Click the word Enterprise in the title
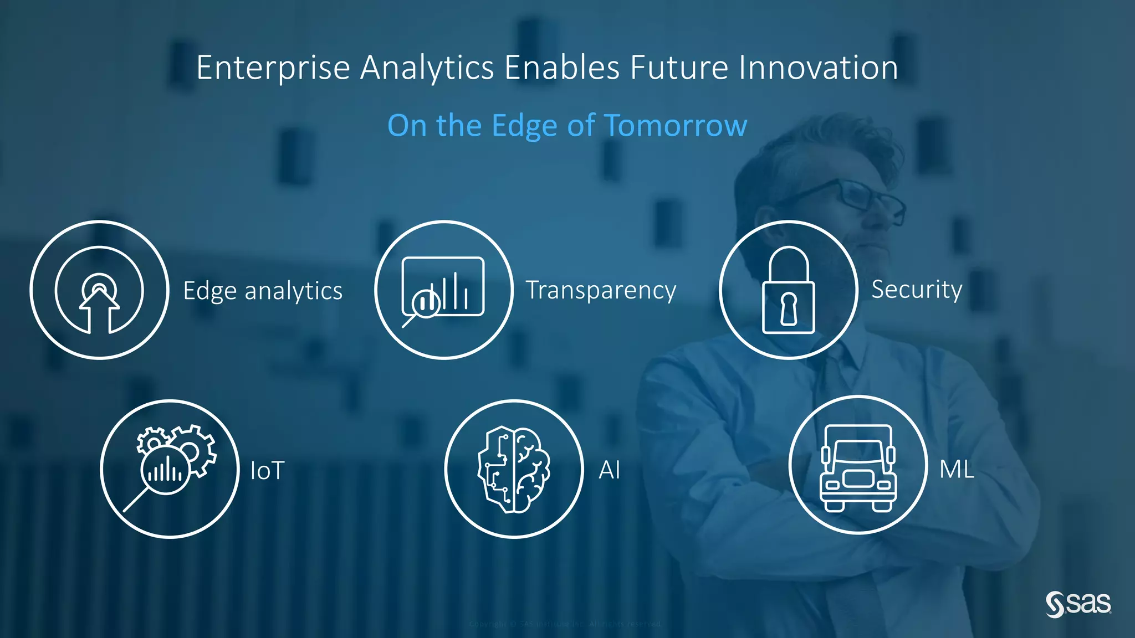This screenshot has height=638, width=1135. click(x=273, y=69)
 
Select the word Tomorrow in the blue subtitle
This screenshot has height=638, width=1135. click(x=675, y=125)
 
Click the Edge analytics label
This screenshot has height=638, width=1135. click(x=263, y=291)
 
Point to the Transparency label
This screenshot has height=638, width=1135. click(x=601, y=291)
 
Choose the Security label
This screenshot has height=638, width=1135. click(x=917, y=290)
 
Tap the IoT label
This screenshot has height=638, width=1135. click(x=267, y=471)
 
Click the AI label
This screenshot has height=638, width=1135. click(x=609, y=470)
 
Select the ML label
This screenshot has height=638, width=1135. click(x=957, y=470)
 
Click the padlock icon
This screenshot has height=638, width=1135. click(x=788, y=290)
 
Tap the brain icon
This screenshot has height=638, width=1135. click(x=514, y=469)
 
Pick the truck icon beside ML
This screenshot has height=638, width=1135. click(x=858, y=468)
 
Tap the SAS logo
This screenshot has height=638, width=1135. click(x=1078, y=604)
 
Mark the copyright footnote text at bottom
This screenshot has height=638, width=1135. click(x=565, y=624)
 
